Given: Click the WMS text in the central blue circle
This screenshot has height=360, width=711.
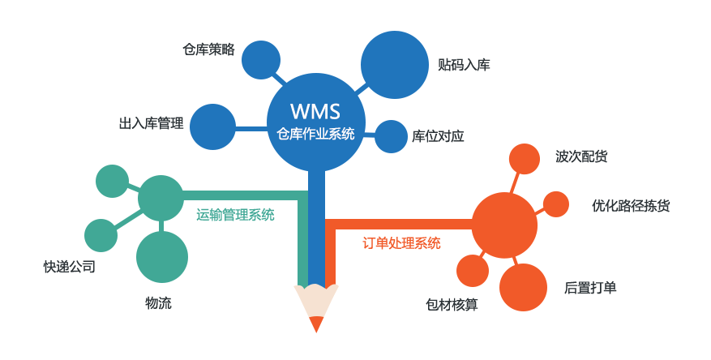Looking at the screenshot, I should (x=315, y=110).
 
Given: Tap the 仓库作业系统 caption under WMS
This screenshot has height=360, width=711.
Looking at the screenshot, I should (x=315, y=134).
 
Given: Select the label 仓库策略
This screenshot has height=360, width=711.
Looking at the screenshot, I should (x=208, y=49).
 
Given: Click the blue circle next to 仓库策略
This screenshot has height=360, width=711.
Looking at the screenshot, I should (x=261, y=60).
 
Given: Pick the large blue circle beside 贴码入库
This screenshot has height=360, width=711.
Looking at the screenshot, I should (x=394, y=65).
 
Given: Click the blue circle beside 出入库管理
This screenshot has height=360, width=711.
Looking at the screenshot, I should (x=212, y=127).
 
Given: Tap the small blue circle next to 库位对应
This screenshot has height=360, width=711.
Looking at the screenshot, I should (x=391, y=136).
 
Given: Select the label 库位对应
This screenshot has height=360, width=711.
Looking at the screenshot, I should (x=438, y=136).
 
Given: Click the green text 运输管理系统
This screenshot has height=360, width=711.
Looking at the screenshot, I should (x=235, y=215).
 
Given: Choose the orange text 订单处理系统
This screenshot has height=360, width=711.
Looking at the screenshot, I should (x=401, y=242).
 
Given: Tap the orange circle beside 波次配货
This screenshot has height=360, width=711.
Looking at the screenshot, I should (x=524, y=159).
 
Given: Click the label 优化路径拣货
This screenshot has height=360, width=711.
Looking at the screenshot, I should (x=631, y=205).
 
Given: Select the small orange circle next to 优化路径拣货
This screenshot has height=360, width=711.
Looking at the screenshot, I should (x=555, y=204).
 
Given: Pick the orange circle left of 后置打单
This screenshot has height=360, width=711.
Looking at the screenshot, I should (x=523, y=287).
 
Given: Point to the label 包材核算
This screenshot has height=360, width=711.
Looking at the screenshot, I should (x=452, y=304).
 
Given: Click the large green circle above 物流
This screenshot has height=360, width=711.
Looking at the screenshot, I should (x=162, y=257).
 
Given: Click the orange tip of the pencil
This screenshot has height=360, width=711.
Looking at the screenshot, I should (x=316, y=324).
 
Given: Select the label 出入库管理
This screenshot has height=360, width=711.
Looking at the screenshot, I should (x=151, y=123).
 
